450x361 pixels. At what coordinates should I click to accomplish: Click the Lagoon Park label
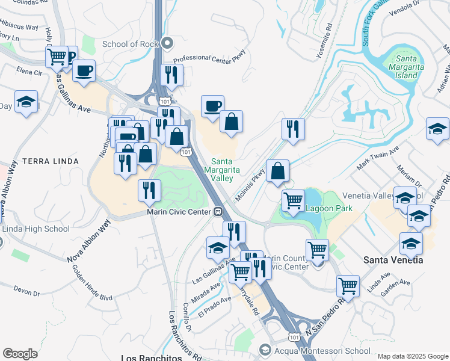[x=328, y=209]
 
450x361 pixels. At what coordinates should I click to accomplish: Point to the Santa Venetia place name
[x=393, y=260]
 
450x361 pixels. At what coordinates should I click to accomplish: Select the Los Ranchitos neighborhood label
[x=150, y=357]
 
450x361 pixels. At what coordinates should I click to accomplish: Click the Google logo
[x=20, y=354]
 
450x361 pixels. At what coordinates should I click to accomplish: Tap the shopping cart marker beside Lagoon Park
[x=293, y=200]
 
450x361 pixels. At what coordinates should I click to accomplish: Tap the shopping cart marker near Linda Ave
[x=348, y=286]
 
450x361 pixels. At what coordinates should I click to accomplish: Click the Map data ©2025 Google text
[x=413, y=356]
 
